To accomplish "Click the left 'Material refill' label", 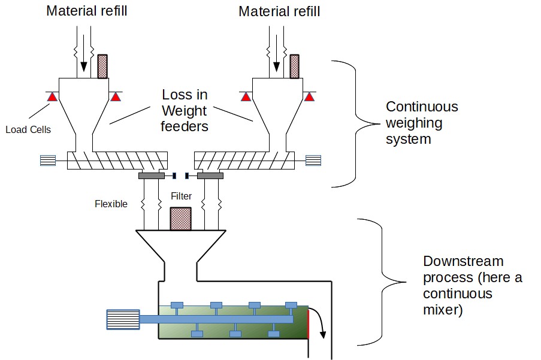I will (87, 11).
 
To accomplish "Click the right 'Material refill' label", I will (279, 11).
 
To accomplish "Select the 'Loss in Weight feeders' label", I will (184, 111).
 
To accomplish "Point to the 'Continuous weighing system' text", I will (422, 123).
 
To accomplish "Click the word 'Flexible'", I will (111, 204).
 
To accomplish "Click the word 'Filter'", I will (181, 196).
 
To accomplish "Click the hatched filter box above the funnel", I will (180, 219).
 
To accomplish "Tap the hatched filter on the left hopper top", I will (102, 66).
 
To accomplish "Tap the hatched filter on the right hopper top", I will (294, 66).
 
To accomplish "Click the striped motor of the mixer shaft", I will (123, 320).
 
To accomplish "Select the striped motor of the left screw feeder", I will (48, 160).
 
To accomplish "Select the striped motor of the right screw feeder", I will (313, 160).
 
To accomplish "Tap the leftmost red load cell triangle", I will (52, 96).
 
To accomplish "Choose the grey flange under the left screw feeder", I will (151, 176).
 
